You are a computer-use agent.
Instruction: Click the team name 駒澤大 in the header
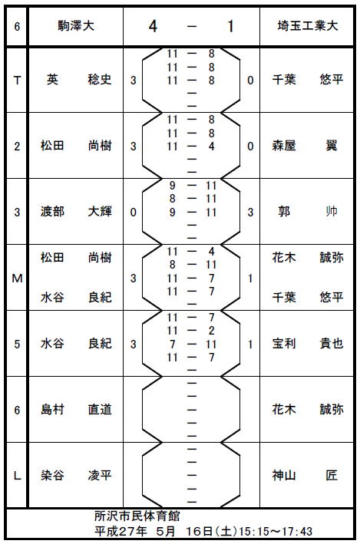tap(76, 26)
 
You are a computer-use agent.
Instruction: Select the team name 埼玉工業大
tap(308, 26)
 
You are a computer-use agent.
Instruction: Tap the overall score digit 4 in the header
tap(153, 26)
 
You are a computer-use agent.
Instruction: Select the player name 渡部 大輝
tap(76, 212)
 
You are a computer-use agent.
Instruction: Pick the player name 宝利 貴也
tap(308, 344)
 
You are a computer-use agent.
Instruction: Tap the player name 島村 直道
tap(76, 410)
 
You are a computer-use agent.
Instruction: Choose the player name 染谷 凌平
tap(76, 475)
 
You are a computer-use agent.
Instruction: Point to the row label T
tap(17, 81)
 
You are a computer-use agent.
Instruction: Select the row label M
tap(17, 279)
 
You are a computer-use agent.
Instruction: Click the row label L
tap(17, 476)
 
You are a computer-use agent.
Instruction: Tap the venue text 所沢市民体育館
tap(137, 516)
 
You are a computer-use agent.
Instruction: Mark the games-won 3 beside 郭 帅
tap(250, 213)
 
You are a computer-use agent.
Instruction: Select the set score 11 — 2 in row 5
tap(192, 331)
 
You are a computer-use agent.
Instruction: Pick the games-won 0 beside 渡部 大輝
tap(134, 213)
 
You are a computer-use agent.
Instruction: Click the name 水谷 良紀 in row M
tap(76, 298)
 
